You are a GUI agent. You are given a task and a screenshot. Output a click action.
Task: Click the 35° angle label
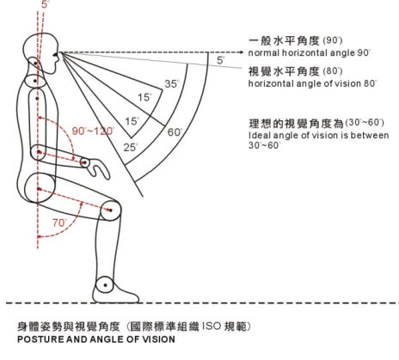[172, 84]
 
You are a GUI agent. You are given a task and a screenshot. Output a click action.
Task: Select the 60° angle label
[175, 132]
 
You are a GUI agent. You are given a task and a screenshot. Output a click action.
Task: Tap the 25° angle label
[131, 148]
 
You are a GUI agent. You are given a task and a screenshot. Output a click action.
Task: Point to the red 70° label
[59, 223]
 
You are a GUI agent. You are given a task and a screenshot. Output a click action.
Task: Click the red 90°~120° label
[93, 131]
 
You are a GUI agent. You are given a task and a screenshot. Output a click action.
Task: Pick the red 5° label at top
[46, 4]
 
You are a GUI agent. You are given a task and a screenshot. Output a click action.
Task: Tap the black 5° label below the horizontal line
[220, 60]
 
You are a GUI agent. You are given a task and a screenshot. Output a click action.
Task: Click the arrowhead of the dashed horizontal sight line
[241, 52]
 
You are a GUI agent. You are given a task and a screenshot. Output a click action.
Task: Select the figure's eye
[55, 54]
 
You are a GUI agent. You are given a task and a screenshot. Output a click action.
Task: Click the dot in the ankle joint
[106, 285]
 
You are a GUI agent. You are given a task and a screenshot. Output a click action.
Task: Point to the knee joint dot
[111, 211]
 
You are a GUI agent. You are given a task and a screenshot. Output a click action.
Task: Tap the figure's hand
[95, 168]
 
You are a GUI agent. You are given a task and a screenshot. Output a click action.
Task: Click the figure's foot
[115, 293]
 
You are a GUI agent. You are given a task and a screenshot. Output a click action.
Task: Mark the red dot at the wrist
[84, 162]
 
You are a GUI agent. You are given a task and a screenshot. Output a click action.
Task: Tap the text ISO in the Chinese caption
[212, 326]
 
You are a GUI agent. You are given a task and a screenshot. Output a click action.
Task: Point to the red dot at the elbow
[39, 152]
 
